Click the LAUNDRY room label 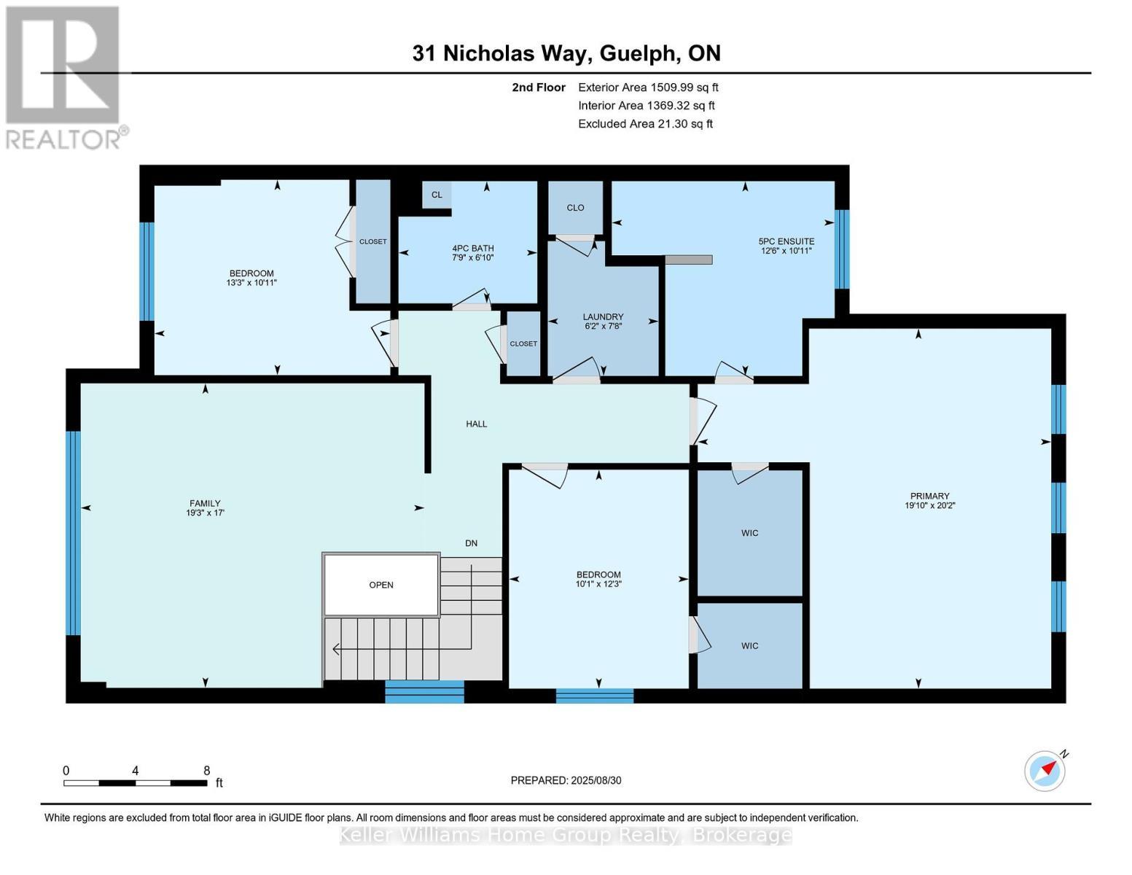[603, 317]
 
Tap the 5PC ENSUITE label [786, 241]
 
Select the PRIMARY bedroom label [929, 497]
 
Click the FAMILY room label [205, 503]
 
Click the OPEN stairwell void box [381, 585]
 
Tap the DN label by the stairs [472, 543]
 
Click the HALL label [477, 424]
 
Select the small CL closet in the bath [437, 195]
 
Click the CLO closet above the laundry [575, 208]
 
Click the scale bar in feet [136, 783]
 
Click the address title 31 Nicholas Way [566, 53]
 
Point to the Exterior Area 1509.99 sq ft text [648, 87]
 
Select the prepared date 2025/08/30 [566, 780]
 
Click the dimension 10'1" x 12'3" [598, 583]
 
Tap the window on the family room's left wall [73, 533]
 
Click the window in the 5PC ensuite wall [842, 249]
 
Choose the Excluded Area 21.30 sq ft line [645, 124]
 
